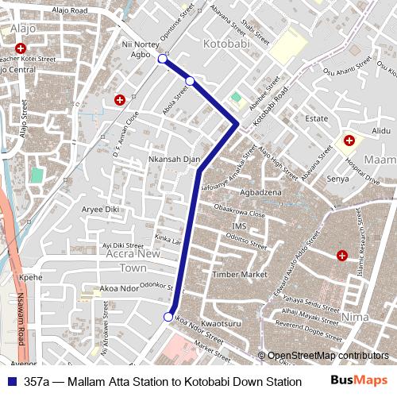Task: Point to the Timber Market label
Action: click(240, 274)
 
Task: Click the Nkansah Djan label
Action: click(174, 160)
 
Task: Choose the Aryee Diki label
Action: click(100, 209)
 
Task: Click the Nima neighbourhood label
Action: click(354, 316)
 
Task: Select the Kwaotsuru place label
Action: click(221, 324)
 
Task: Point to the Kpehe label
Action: click(30, 278)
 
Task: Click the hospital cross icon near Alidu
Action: click(349, 141)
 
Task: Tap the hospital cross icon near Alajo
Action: click(20, 49)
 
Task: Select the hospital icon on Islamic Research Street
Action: click(342, 256)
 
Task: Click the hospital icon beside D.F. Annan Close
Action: click(119, 100)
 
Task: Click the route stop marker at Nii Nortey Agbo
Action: click(163, 59)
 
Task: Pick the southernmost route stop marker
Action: click(168, 317)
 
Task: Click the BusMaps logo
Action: click(359, 380)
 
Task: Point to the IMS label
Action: click(229, 226)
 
